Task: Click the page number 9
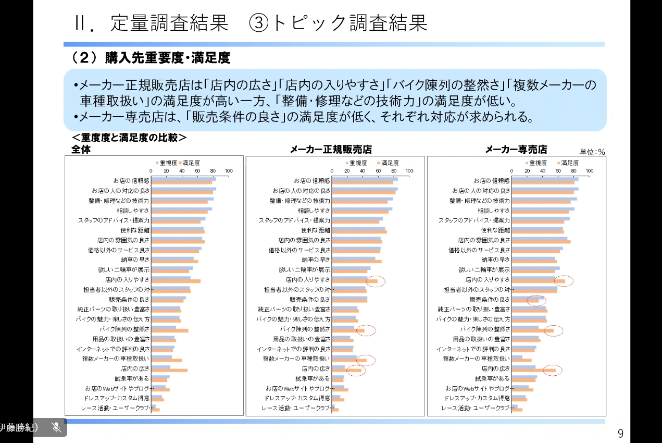[x=620, y=433]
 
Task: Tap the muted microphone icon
[x=56, y=427]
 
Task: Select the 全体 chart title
[x=81, y=149]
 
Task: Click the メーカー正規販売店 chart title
[x=331, y=150]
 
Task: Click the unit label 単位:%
[x=592, y=152]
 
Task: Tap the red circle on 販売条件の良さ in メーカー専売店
[x=535, y=300]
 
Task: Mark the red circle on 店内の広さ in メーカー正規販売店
[x=356, y=371]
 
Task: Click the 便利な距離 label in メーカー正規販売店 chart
[x=316, y=230]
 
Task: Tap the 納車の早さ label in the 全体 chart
[x=136, y=260]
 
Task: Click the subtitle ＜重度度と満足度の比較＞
[x=129, y=138]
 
